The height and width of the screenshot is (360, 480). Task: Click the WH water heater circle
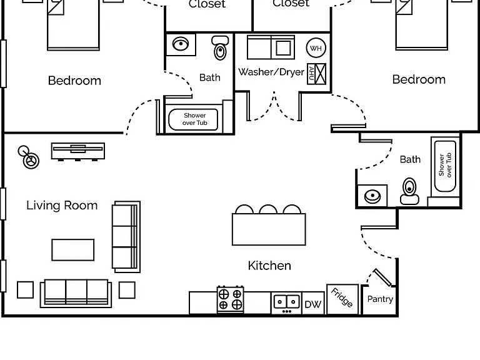tap(316, 47)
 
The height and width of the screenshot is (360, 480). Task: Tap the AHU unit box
tap(317, 74)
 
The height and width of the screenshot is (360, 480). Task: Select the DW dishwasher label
tap(313, 304)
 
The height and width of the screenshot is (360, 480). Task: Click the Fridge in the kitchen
tap(342, 299)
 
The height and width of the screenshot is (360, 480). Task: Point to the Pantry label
tap(380, 299)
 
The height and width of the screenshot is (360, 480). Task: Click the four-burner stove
tap(230, 299)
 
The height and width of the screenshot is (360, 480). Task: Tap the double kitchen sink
tap(286, 302)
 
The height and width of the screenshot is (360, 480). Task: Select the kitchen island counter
tap(269, 229)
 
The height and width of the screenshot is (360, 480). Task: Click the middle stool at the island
tap(268, 209)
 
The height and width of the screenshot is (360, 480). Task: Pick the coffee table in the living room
tap(73, 250)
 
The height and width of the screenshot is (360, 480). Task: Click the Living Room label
tap(62, 206)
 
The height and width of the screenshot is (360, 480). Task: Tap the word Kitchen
tap(269, 266)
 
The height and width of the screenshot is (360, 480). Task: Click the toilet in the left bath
tap(220, 47)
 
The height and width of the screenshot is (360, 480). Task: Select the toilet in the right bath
tap(409, 191)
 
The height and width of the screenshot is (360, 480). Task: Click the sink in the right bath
tap(372, 196)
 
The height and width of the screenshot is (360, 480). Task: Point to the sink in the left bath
tap(181, 44)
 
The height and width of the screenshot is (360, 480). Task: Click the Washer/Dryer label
tap(271, 72)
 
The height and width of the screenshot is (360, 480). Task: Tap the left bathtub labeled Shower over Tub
tap(193, 119)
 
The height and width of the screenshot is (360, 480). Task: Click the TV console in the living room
tap(78, 151)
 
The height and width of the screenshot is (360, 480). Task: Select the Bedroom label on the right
tap(419, 79)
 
